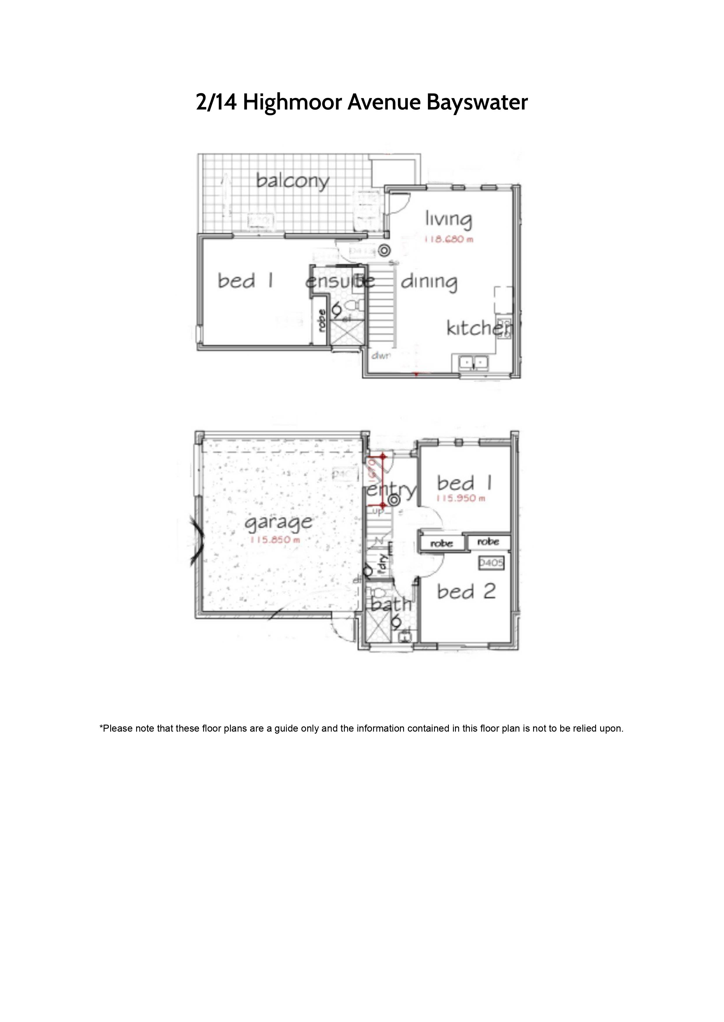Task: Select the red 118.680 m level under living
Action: (449, 240)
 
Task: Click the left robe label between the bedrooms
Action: (441, 543)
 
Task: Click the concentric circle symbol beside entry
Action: (394, 501)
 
